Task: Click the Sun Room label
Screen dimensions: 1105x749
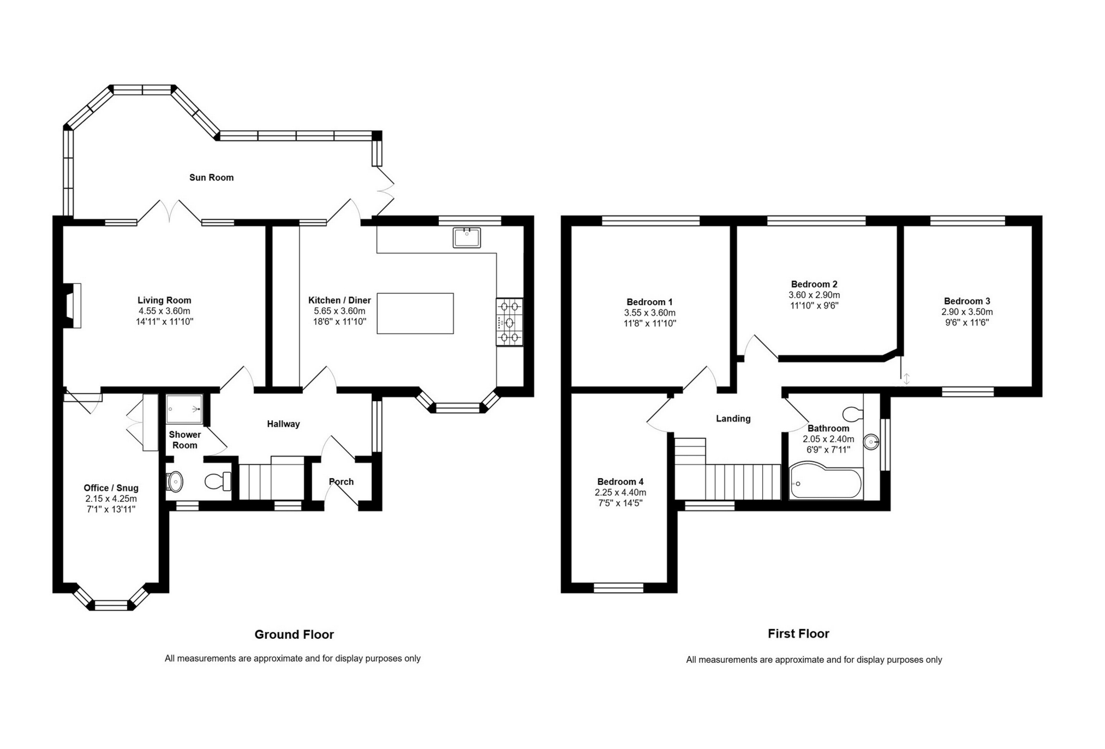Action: point(211,177)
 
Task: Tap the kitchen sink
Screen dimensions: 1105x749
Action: point(467,237)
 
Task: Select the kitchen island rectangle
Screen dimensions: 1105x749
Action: point(415,313)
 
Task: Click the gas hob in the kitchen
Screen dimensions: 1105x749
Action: point(509,322)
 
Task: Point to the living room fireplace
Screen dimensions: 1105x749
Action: point(73,306)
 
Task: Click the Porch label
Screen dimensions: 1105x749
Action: point(341,481)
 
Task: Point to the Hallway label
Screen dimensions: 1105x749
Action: point(283,424)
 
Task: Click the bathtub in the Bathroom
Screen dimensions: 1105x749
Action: point(826,481)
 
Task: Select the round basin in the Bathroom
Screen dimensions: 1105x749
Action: point(871,442)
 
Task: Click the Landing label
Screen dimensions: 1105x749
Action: point(733,419)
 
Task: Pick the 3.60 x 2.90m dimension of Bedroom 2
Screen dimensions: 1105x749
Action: point(815,295)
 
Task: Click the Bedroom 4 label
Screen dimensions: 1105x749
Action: point(620,481)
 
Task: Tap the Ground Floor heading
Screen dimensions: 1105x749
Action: point(294,634)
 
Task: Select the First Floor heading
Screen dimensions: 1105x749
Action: point(798,634)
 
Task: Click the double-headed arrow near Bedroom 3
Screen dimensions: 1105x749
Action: point(906,378)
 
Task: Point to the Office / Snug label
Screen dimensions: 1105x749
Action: point(111,488)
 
